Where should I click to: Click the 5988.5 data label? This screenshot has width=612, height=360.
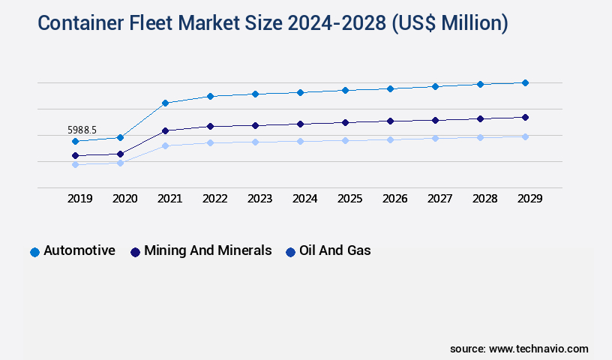click(x=83, y=130)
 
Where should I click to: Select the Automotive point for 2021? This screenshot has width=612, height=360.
click(x=165, y=103)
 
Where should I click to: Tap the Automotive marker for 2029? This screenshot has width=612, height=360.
click(x=525, y=82)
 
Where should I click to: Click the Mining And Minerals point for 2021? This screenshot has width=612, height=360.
click(x=165, y=130)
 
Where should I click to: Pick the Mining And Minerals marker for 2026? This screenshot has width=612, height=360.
click(x=390, y=121)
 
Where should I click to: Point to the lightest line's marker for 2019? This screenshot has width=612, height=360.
click(x=75, y=164)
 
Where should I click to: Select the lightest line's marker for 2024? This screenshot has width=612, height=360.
click(x=300, y=141)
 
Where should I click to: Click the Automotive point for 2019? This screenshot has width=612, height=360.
click(x=75, y=141)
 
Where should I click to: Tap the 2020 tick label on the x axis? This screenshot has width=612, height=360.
click(x=124, y=199)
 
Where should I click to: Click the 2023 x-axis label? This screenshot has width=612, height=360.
click(x=259, y=199)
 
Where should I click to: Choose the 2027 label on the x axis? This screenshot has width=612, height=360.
click(x=439, y=199)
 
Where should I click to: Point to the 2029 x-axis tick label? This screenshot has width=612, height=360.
click(x=529, y=199)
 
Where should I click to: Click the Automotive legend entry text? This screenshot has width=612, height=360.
click(x=79, y=250)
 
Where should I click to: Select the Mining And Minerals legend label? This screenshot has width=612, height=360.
click(x=208, y=250)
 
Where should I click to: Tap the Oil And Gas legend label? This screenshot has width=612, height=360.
click(x=334, y=250)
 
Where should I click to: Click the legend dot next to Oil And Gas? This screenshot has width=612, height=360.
click(x=289, y=252)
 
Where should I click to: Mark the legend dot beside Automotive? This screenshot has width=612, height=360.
click(x=34, y=252)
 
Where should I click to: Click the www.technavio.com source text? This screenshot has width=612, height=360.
click(x=538, y=349)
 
